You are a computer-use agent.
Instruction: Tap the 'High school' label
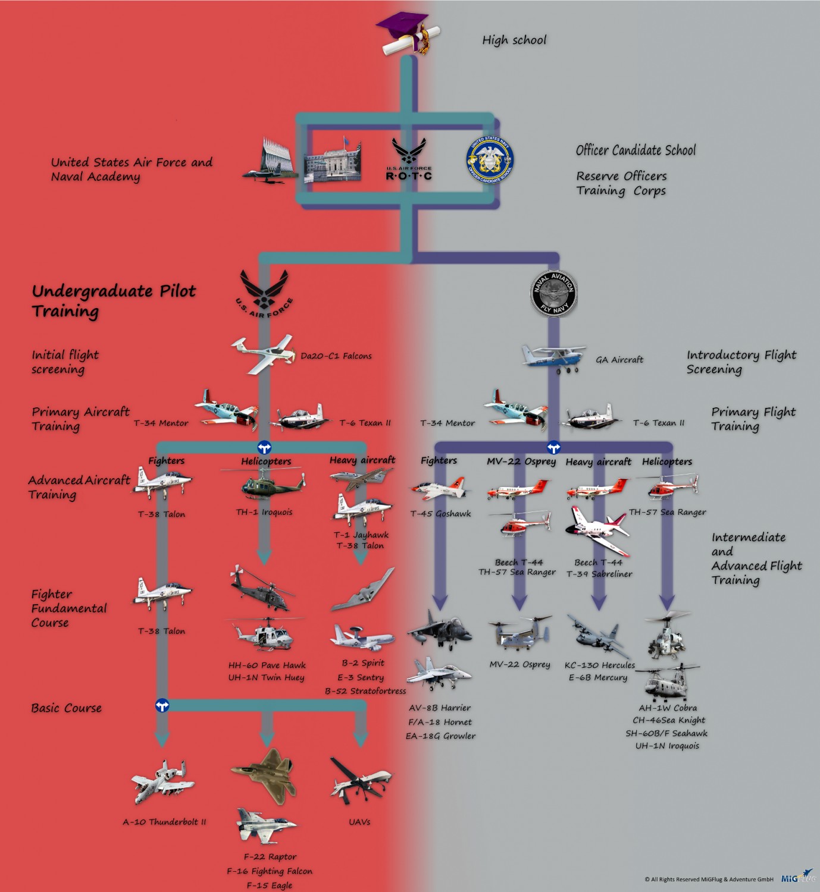tap(514, 40)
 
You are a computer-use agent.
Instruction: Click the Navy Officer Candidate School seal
tap(490, 160)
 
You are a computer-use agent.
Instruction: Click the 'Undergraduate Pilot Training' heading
tap(113, 301)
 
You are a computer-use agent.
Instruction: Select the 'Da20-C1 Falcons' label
tap(336, 356)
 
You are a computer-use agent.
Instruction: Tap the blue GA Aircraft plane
tap(553, 358)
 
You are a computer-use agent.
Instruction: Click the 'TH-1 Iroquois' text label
tap(264, 512)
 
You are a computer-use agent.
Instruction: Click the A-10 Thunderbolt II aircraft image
tap(162, 781)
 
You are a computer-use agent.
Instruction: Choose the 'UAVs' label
tap(359, 822)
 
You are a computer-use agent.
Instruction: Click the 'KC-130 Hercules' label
tap(599, 665)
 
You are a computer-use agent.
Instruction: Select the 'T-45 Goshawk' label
tap(440, 514)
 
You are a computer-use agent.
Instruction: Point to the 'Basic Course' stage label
tap(66, 708)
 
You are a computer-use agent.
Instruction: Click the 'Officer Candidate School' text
tap(636, 150)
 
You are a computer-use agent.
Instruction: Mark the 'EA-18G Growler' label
tap(440, 736)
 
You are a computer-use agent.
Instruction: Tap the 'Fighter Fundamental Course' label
tap(69, 608)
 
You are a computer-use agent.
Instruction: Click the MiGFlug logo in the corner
tap(797, 878)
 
